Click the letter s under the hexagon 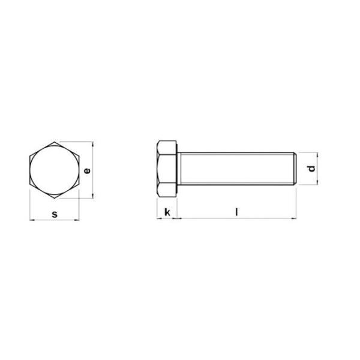point(54,214)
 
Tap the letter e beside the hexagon point(87,171)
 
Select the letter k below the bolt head point(167,212)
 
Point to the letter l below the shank point(237,211)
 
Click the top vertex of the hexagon point(54,143)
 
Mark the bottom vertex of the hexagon point(54,199)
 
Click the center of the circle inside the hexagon point(54,170)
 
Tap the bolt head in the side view point(166,170)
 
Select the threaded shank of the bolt point(234,170)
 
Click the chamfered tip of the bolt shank point(294,170)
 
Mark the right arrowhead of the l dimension point(293,218)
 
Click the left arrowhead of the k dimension point(158,218)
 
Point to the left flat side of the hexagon point(30,170)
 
